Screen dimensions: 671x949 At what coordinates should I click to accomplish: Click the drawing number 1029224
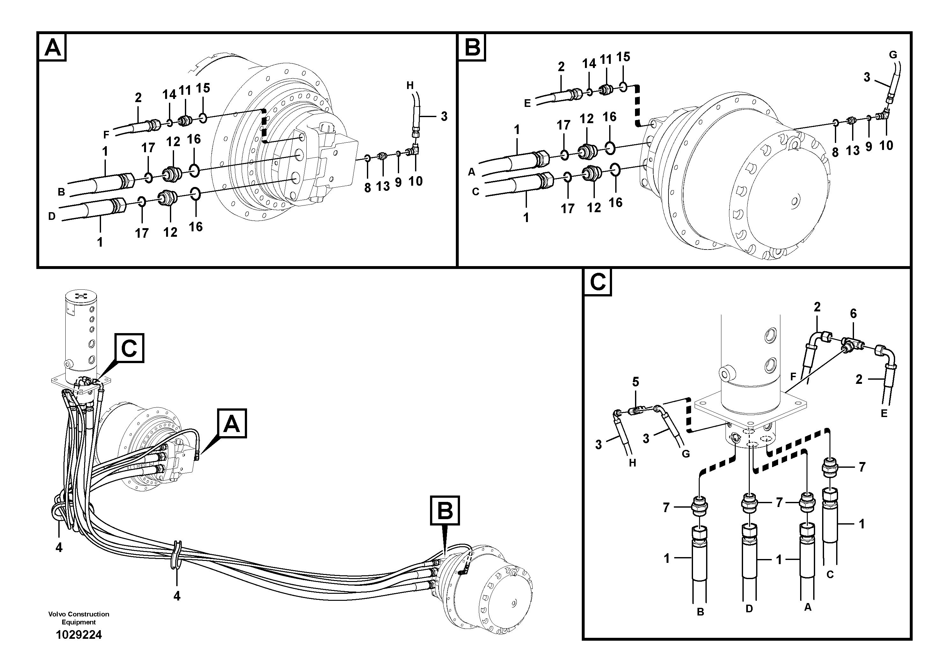(78, 635)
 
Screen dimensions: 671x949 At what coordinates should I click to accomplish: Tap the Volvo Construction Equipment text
(78, 618)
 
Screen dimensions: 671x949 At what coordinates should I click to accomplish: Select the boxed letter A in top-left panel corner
(53, 48)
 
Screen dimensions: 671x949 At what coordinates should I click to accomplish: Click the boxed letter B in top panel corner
(472, 48)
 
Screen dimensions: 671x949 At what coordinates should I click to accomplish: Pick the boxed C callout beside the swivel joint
(129, 348)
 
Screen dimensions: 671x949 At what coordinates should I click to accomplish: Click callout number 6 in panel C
(853, 314)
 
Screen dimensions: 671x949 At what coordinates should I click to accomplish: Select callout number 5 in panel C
(635, 382)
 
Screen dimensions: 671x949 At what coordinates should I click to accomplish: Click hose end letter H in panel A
(410, 86)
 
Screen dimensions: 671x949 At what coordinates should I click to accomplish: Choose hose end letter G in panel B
(893, 55)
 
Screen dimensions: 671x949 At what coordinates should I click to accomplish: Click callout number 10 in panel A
(415, 181)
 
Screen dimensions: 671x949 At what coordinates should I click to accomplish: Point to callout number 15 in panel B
(623, 57)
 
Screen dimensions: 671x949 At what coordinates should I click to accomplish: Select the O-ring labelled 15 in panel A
(202, 118)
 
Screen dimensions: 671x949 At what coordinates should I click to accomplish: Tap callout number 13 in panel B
(853, 151)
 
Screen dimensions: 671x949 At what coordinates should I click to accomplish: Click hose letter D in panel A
(52, 216)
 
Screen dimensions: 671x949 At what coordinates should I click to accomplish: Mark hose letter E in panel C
(884, 413)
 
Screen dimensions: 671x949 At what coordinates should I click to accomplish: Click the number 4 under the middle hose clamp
(177, 596)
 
